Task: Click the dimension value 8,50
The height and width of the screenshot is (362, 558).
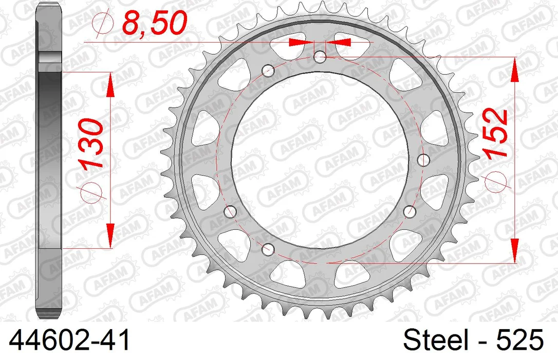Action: click(154, 23)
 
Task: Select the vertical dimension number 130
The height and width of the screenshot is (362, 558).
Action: click(91, 143)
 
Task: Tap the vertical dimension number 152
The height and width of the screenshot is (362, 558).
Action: click(495, 133)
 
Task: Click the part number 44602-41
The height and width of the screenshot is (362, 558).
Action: click(70, 340)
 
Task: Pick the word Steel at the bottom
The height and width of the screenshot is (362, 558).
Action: click(435, 340)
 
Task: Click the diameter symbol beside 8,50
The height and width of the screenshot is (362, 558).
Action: click(102, 23)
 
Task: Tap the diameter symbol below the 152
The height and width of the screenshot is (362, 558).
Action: click(495, 182)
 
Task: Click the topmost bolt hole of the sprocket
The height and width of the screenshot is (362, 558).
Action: click(320, 56)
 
